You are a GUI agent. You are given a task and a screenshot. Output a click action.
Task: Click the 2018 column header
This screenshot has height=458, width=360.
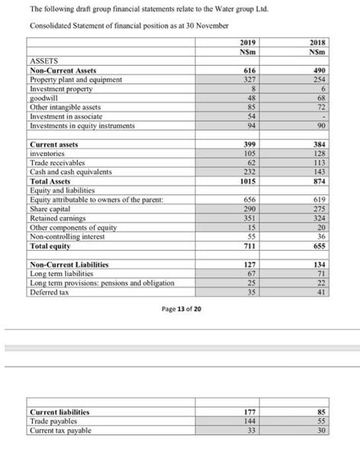click(x=317, y=42)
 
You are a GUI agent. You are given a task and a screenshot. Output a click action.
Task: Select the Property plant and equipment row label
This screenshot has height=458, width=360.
click(x=75, y=79)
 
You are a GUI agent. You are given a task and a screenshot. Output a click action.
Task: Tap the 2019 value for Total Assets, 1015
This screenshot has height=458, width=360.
click(x=247, y=182)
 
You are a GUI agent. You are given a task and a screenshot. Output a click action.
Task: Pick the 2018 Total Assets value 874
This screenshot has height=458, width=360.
click(x=317, y=182)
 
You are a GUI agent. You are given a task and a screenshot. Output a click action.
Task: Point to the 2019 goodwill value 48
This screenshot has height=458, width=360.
click(x=248, y=97)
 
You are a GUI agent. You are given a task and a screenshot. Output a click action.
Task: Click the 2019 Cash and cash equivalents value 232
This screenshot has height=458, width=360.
click(x=248, y=172)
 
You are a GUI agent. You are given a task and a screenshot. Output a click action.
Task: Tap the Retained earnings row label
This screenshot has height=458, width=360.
click(x=57, y=217)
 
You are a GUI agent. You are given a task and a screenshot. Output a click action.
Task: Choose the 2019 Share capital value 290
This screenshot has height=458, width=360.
click(x=248, y=208)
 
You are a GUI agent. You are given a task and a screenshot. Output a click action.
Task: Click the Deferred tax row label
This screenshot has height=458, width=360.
click(x=48, y=291)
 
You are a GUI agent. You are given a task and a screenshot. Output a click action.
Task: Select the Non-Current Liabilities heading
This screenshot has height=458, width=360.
click(x=69, y=264)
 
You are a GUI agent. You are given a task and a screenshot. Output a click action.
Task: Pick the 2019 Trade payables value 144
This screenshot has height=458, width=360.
click(x=248, y=421)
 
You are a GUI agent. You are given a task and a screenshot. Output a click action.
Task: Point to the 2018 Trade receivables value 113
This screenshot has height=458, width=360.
click(x=317, y=163)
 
